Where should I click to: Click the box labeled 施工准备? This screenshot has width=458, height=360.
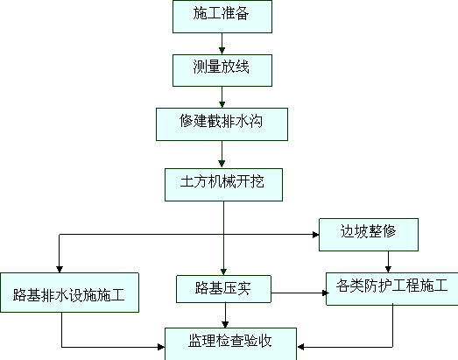[x=222, y=17]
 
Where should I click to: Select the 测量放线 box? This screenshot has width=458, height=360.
[x=222, y=70]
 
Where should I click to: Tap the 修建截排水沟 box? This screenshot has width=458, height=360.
[x=222, y=124]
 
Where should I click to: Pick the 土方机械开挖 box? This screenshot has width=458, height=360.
[x=223, y=185]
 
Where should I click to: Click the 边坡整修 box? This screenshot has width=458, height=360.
[x=369, y=235]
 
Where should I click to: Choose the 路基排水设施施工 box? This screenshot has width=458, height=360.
[x=69, y=293]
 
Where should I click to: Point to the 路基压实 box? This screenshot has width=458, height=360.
[x=223, y=289]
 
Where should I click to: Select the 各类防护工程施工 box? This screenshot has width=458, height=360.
[x=392, y=289]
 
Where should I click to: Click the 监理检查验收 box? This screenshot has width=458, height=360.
[x=231, y=344]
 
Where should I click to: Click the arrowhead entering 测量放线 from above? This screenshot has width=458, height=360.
[x=222, y=51]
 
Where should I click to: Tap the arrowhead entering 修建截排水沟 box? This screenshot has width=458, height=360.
[x=222, y=104]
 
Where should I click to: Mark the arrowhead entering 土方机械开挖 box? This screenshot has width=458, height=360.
[x=222, y=164]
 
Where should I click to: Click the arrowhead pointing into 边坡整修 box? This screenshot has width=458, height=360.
[x=315, y=235]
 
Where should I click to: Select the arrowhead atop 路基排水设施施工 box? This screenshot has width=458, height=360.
[x=60, y=269]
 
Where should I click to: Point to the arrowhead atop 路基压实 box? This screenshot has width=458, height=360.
[x=223, y=272]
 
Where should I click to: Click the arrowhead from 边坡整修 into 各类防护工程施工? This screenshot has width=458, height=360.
[x=388, y=269]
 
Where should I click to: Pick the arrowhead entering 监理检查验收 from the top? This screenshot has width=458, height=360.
[x=225, y=324]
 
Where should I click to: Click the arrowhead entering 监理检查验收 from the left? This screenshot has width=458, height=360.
[x=161, y=347]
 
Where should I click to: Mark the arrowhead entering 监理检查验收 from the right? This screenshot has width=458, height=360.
[x=300, y=347]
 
